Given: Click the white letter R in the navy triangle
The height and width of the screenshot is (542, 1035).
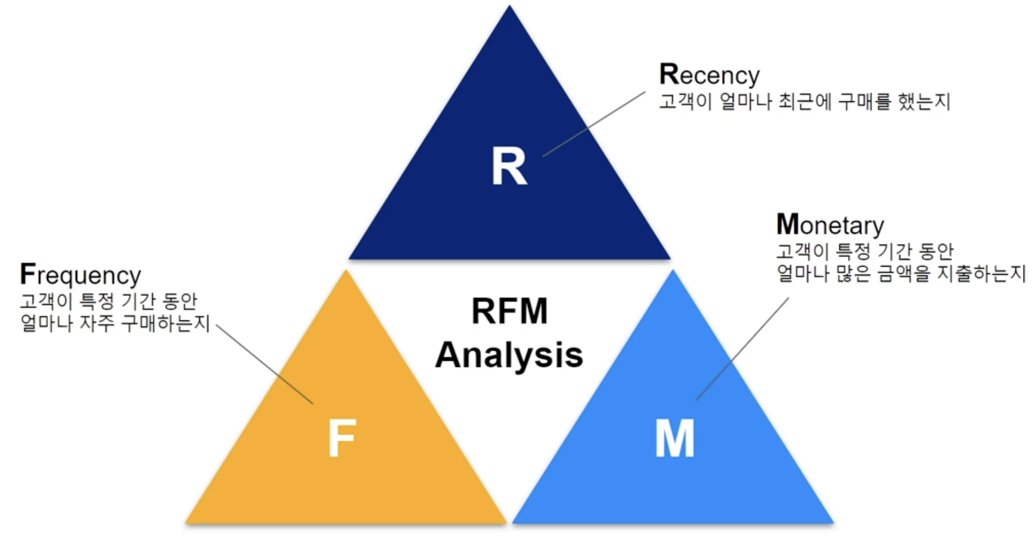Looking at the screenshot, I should click(x=509, y=166).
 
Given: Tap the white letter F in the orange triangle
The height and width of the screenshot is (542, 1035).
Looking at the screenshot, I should click(x=341, y=438).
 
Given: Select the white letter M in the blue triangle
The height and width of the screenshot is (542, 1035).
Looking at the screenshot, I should click(x=674, y=438).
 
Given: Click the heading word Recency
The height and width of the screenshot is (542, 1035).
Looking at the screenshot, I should click(x=709, y=75).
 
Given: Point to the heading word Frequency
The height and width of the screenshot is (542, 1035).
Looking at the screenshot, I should click(x=80, y=275).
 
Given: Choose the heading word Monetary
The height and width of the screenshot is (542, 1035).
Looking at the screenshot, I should click(x=830, y=225).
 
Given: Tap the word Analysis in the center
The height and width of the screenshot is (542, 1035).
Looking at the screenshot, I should click(x=509, y=355).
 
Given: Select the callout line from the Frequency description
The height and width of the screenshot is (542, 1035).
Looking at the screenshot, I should click(x=264, y=364).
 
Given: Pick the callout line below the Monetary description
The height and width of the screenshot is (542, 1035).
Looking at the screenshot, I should click(x=742, y=349).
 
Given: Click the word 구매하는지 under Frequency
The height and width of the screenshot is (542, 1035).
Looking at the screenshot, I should click(x=165, y=323).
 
